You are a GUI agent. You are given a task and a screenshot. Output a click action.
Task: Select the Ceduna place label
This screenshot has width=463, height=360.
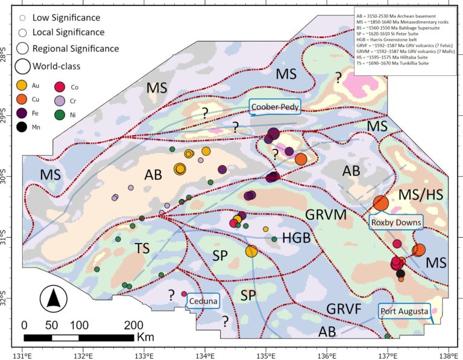(x=202, y=301)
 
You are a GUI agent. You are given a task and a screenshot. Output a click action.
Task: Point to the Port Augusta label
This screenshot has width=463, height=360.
(x=404, y=312)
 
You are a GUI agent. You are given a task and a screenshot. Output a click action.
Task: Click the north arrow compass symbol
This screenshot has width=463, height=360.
(x=54, y=298)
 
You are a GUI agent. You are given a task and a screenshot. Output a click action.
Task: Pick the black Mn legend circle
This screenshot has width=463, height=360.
(x=22, y=126)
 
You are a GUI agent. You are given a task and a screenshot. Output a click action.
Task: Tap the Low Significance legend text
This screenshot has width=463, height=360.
(x=66, y=18)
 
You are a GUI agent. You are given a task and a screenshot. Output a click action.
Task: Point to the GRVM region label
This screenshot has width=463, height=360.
(x=322, y=214)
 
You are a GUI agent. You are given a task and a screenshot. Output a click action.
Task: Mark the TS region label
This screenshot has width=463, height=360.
(x=142, y=248)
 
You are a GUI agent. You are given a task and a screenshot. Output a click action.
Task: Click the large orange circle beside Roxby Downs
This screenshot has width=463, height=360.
(x=380, y=203)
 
